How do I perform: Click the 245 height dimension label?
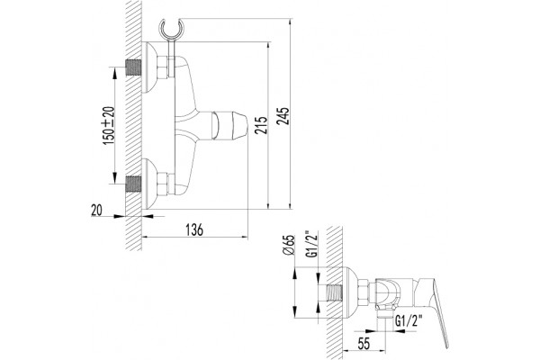click(x=284, y=116)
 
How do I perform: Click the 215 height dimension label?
click(x=262, y=125)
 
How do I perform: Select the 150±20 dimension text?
click(x=109, y=125)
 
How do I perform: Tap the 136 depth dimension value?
click(x=194, y=229)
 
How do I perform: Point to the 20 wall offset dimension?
click(x=97, y=210)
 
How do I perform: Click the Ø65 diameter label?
click(x=289, y=246)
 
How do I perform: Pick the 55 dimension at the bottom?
click(x=364, y=344)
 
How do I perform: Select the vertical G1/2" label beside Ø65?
click(x=311, y=245)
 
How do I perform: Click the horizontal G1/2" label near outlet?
click(x=409, y=321)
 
